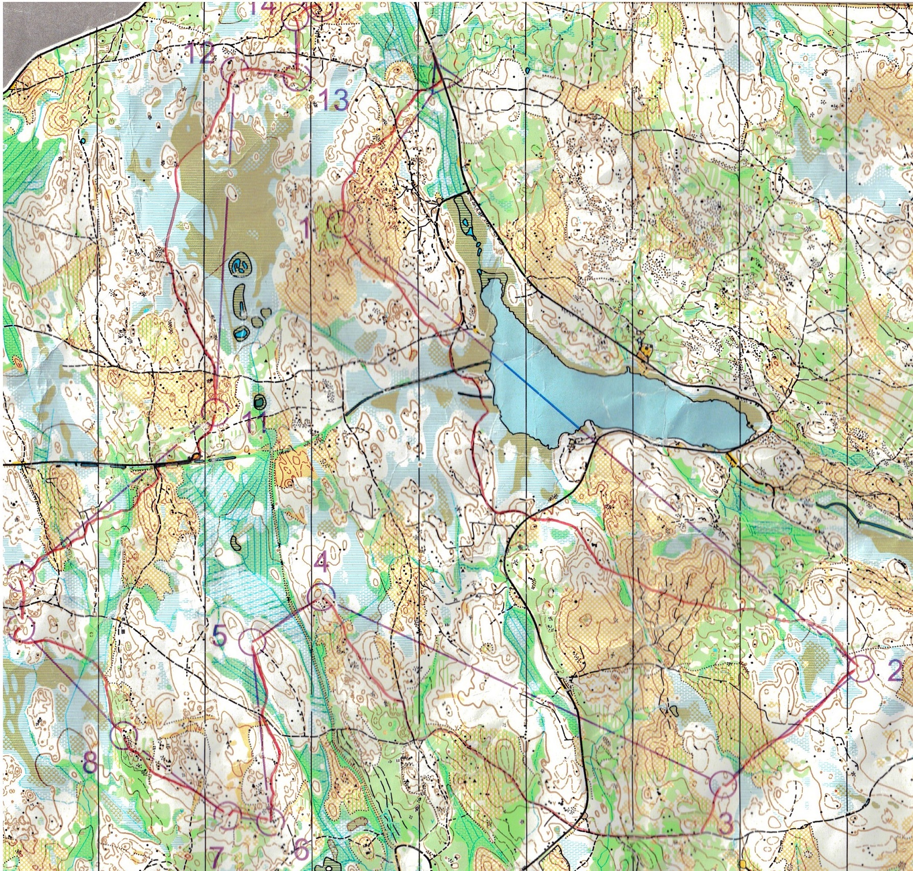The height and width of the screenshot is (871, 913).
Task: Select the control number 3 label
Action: pos(725,823)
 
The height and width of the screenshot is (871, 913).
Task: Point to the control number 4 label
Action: pos(321,563)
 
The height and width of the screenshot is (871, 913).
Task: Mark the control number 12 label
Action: pos(199,54)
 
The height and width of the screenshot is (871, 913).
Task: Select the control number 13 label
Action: pos(334,99)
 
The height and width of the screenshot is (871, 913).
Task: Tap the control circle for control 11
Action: pos(215,412)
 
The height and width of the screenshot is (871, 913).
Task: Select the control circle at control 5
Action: pos(253,642)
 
